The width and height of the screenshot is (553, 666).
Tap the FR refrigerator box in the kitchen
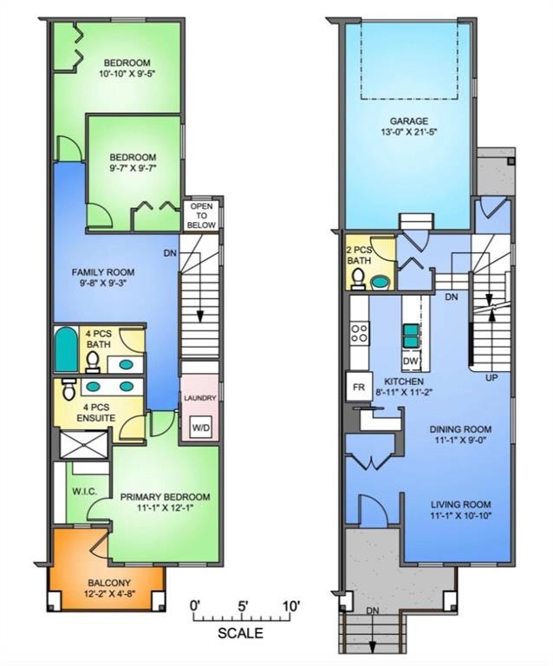(x=356, y=386)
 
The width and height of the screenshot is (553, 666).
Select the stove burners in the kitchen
(x=359, y=332)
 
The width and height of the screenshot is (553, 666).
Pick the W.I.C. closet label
(x=84, y=492)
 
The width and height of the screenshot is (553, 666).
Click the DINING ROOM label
(x=459, y=428)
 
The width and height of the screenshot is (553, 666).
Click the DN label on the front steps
(x=373, y=611)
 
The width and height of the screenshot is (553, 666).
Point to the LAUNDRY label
(x=200, y=398)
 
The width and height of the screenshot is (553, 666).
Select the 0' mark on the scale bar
(x=195, y=604)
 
